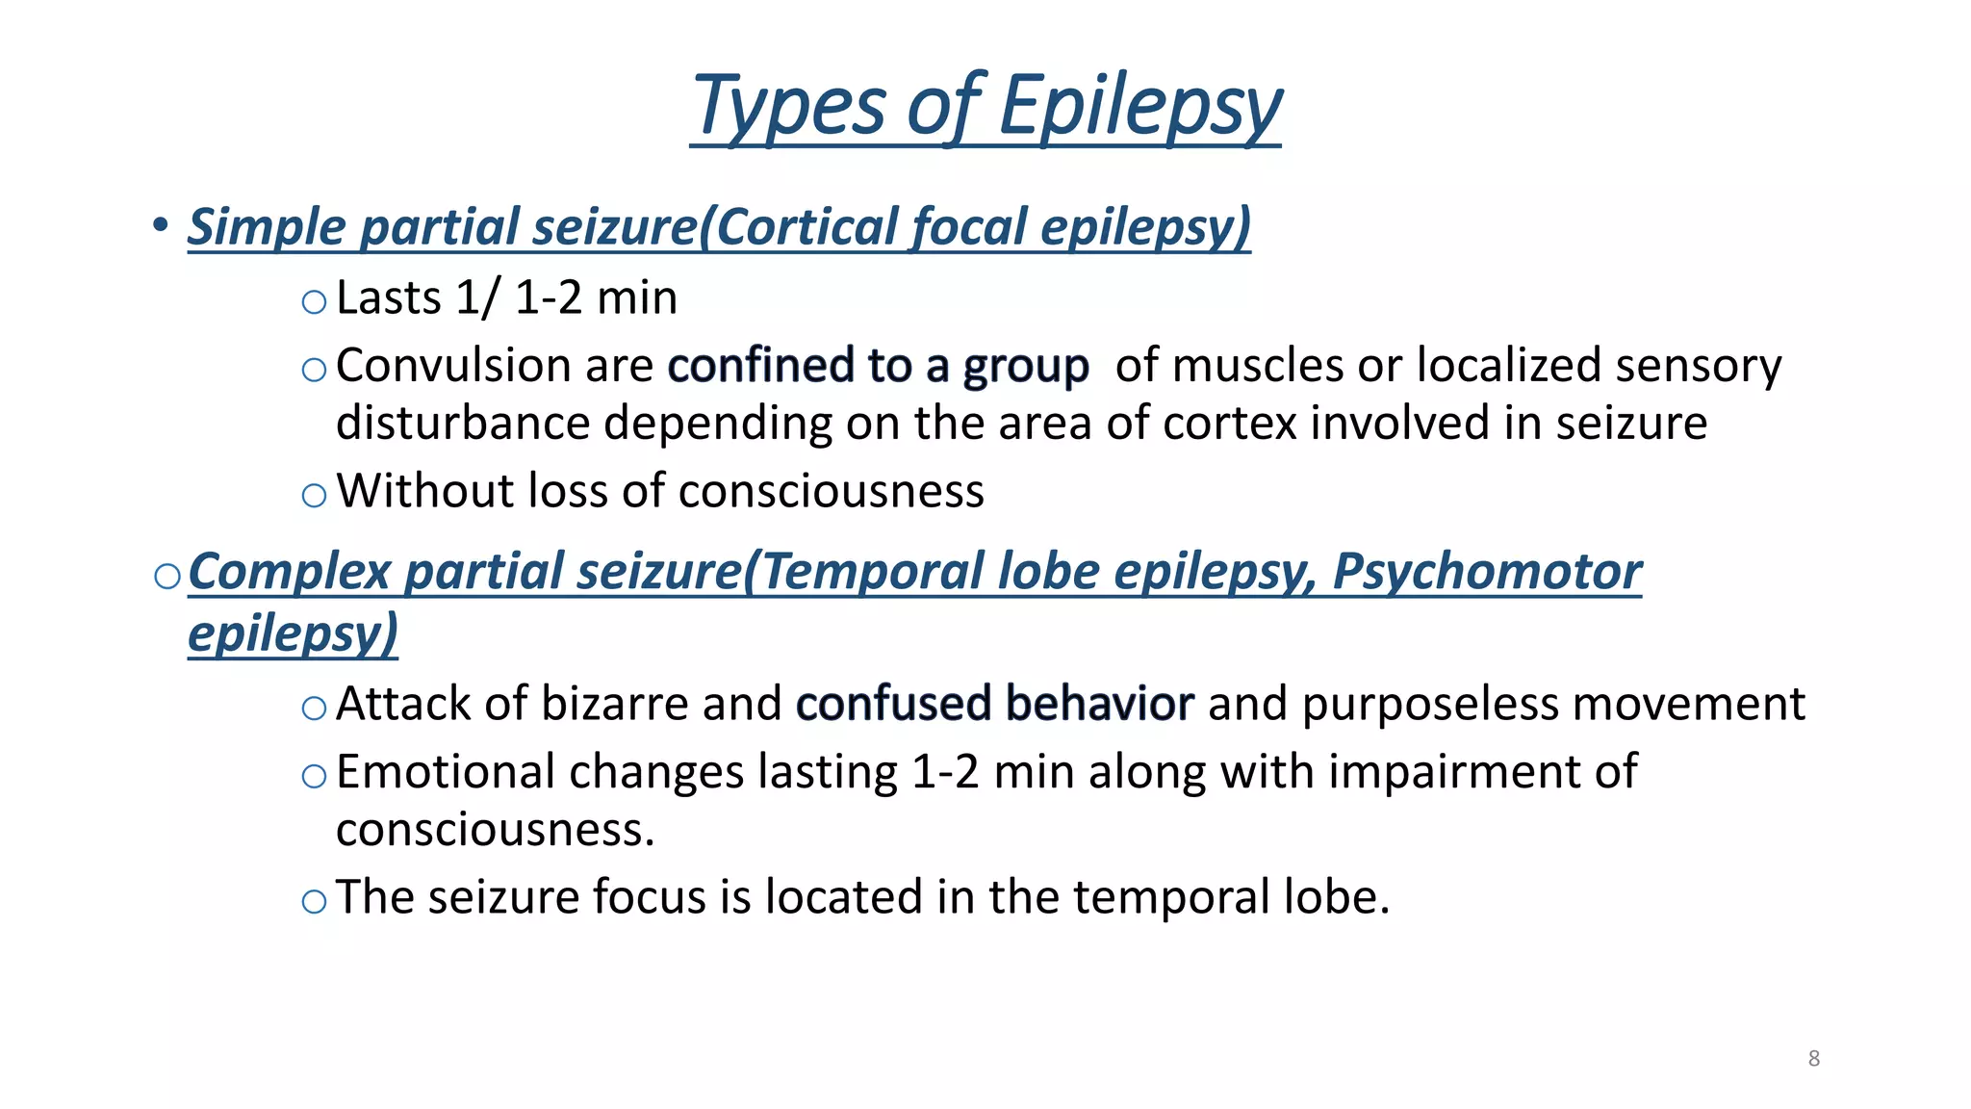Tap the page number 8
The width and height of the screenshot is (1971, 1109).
(1814, 1059)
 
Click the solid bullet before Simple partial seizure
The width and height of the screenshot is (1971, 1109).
(160, 225)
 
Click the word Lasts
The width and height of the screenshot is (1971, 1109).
(389, 297)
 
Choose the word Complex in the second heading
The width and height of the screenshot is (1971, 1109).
(289, 572)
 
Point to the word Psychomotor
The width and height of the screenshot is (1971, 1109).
(1487, 572)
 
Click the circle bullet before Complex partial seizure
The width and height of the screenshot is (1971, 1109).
(167, 576)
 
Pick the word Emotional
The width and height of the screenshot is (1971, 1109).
(444, 772)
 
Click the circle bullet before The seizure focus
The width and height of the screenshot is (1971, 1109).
(314, 902)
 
